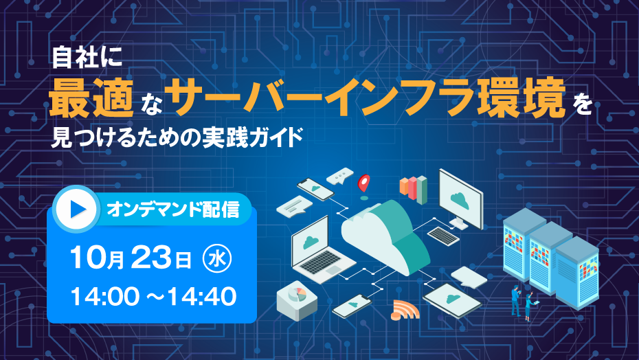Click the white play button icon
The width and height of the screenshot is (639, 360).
pos(77,209)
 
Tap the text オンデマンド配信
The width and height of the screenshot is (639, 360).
pos(172,210)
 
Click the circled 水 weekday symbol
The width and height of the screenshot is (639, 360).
pos(217,259)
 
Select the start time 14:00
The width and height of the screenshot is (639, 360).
pos(104,296)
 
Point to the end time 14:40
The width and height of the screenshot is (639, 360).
pos(202,296)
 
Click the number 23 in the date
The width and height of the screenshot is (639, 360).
pos(151,258)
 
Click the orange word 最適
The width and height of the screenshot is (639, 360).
pos(91,98)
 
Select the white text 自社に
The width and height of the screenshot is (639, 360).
pos(87,58)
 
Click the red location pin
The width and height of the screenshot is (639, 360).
pos(364,183)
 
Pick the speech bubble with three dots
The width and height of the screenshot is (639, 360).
pos(340,176)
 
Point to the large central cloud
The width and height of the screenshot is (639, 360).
pos(385,236)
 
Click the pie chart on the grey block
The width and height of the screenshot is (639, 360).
pos(297,294)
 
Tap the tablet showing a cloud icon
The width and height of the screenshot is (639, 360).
pos(452,300)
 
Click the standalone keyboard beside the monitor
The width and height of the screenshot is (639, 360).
pos(443,236)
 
